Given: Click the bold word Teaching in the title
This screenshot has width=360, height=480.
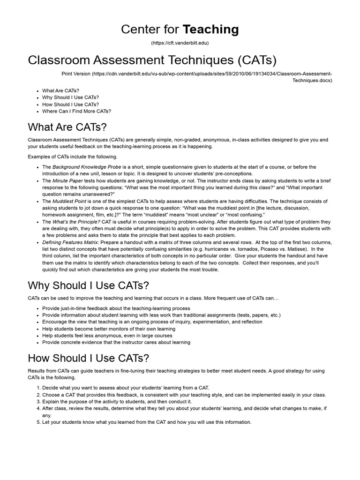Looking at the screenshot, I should coord(210,30).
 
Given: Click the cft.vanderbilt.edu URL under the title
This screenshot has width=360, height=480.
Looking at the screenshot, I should coord(180,43).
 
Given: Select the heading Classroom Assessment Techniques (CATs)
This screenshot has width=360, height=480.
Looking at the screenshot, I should coord(152,60).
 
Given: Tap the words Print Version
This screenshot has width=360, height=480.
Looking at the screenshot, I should coord(76,74).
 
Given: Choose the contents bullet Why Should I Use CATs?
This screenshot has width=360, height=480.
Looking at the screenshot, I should coord(70,97).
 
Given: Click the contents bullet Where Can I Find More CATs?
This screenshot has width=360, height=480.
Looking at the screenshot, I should coord(76,111).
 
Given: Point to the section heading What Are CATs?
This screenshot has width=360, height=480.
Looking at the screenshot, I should coord(67,127).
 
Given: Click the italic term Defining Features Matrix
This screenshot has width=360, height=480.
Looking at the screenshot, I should coord(70,242).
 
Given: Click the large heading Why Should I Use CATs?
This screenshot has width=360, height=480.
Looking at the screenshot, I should coord(89,285).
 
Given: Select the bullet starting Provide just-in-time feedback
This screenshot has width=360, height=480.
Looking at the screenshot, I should coord(116,308).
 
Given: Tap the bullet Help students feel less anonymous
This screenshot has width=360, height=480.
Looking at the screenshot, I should coord(107,336).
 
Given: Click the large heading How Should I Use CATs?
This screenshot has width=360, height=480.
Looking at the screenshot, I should coord(89,359).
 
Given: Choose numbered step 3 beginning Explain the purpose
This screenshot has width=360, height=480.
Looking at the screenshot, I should coord(117,402).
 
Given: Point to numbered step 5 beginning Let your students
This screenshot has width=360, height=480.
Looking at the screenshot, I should coord(147,422).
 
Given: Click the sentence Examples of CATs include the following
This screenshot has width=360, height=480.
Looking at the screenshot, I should coord(73,157).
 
